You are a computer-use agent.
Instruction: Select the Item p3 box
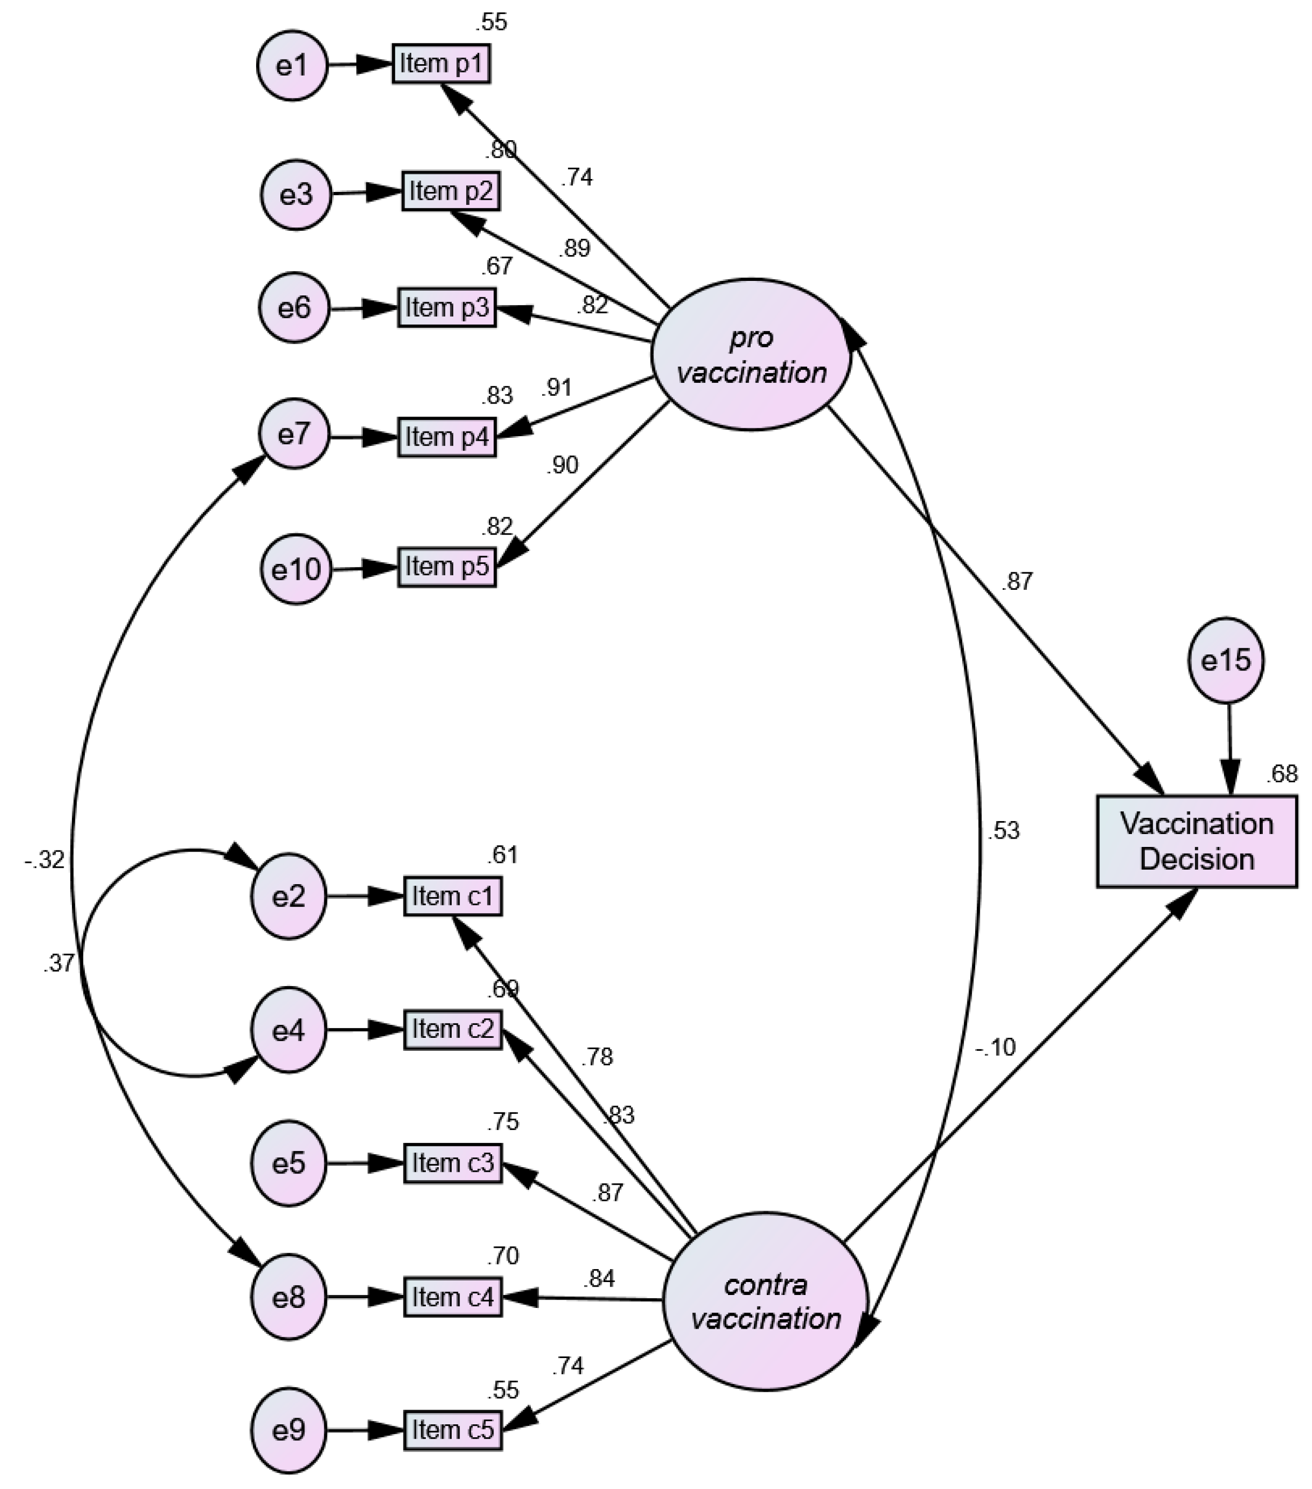pyautogui.click(x=446, y=307)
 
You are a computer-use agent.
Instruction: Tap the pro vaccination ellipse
pyautogui.click(x=751, y=355)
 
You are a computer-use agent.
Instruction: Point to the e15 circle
pyautogui.click(x=1226, y=660)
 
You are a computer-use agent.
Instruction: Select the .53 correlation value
pyautogui.click(x=1003, y=830)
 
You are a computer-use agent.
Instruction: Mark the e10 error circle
pyautogui.click(x=296, y=569)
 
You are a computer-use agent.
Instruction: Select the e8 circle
pyautogui.click(x=289, y=1298)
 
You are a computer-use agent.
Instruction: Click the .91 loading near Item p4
pyautogui.click(x=557, y=388)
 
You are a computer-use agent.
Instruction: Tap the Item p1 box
pyautogui.click(x=441, y=64)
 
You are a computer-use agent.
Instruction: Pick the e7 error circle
pyautogui.click(x=293, y=434)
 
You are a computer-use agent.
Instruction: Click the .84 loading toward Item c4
pyautogui.click(x=599, y=1278)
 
